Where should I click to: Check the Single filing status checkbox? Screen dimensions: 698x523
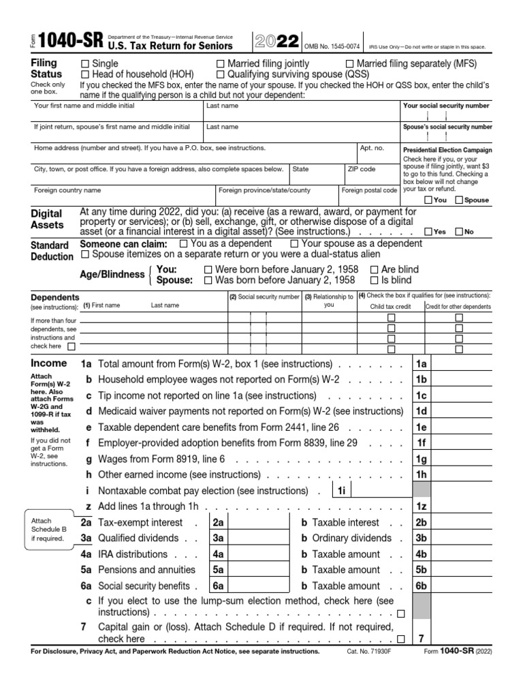pyautogui.click(x=85, y=64)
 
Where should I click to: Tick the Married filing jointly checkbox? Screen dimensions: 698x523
pyautogui.click(x=221, y=64)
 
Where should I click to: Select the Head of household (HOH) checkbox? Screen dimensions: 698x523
pyautogui.click(x=85, y=74)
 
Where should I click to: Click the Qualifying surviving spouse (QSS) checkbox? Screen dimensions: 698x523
pyautogui.click(x=221, y=74)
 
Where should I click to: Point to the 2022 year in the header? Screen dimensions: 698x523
pyautogui.click(x=276, y=42)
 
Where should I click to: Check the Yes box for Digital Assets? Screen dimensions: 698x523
pyautogui.click(x=428, y=232)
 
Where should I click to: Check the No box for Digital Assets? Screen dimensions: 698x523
pyautogui.click(x=458, y=232)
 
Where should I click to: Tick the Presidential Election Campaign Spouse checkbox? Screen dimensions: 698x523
pyautogui.click(x=459, y=200)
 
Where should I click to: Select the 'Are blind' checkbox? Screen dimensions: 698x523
pyautogui.click(x=374, y=270)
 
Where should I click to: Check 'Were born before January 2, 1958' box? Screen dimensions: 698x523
pyautogui.click(x=208, y=270)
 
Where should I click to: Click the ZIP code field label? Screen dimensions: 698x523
pyautogui.click(x=361, y=169)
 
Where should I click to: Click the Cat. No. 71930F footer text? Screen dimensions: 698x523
pyautogui.click(x=368, y=652)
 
